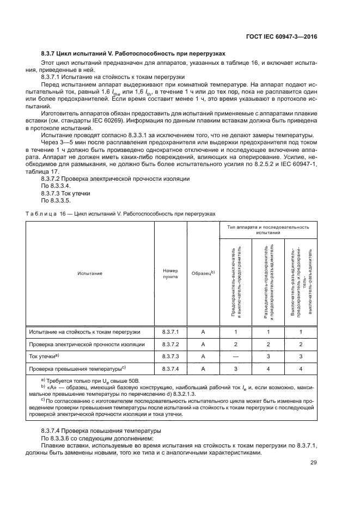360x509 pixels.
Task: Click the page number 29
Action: pos(313,463)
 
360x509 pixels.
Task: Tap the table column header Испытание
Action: pos(90,273)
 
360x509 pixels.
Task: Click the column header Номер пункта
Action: pos(170,273)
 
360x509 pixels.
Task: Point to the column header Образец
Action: pos(203,273)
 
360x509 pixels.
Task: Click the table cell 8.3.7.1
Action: pos(170,332)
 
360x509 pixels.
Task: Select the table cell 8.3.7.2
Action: pos(170,344)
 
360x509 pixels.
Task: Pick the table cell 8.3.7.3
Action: pos(170,357)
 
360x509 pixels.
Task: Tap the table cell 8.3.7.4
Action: pos(170,369)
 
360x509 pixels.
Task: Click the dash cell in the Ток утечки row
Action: pos(236,357)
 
